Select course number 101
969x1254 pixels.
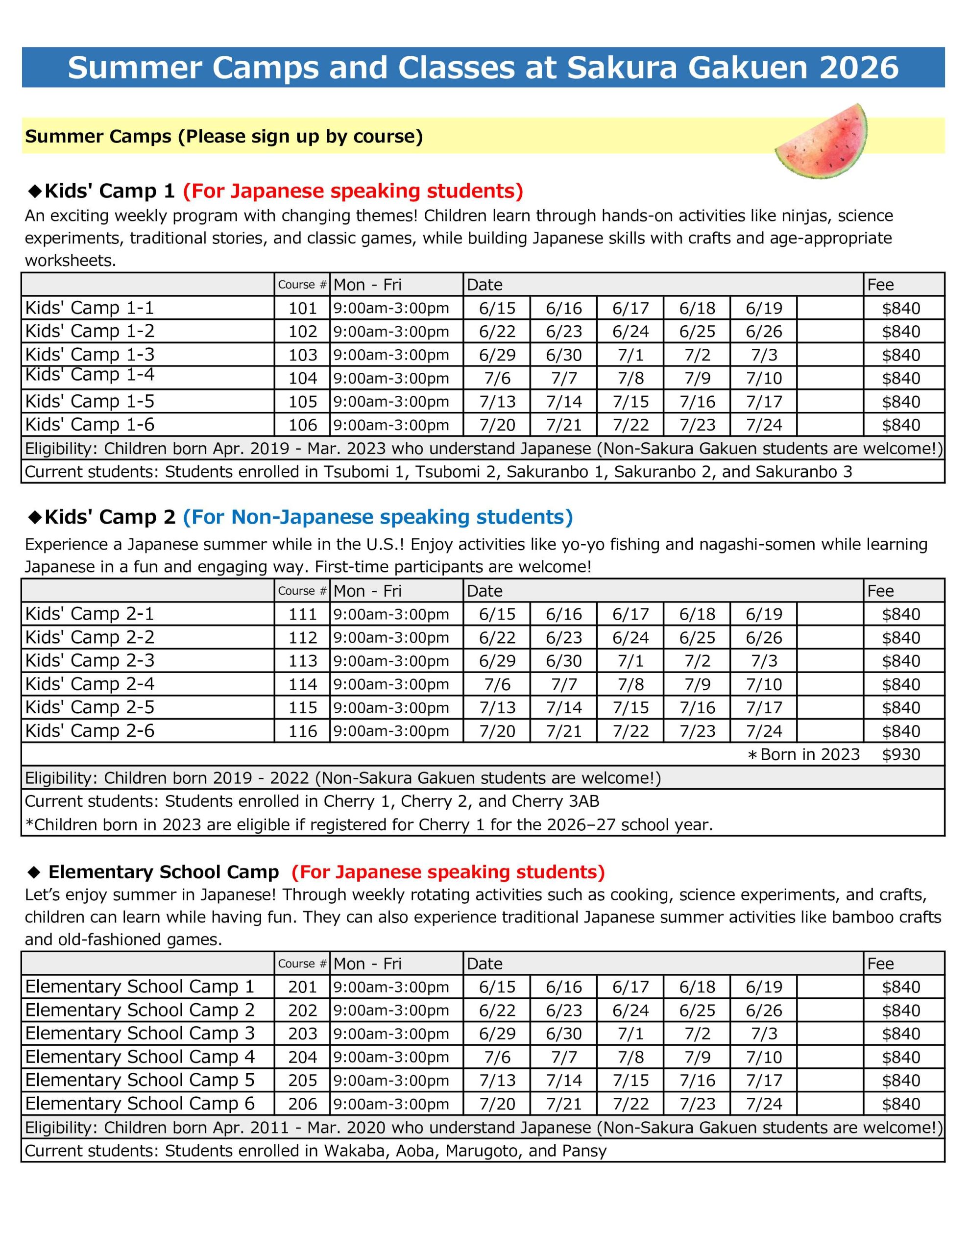(x=303, y=308)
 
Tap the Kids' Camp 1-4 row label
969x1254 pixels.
(x=90, y=375)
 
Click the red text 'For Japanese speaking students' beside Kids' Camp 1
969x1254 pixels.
(x=353, y=191)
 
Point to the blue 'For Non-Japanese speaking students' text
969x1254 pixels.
(x=377, y=517)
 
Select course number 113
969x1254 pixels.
(x=303, y=661)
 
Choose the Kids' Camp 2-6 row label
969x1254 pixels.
(x=90, y=731)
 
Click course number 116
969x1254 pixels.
(x=303, y=731)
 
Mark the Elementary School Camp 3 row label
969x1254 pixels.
(x=140, y=1033)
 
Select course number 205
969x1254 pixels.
(x=303, y=1080)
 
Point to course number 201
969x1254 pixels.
(x=303, y=987)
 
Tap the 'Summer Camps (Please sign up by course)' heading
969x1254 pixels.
(x=224, y=136)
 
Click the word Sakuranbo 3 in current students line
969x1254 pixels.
(x=803, y=472)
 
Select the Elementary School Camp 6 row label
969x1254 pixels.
(x=140, y=1103)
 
